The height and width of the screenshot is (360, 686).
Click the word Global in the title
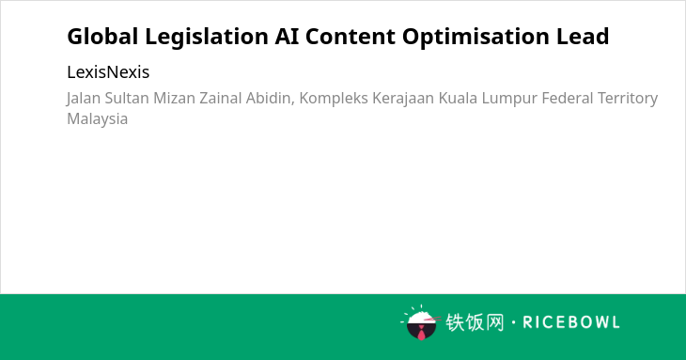(x=102, y=37)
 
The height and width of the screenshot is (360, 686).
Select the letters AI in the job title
(x=287, y=37)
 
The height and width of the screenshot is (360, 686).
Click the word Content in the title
(x=351, y=37)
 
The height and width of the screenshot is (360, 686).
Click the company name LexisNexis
(x=108, y=72)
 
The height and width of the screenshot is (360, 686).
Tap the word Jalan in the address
(x=84, y=99)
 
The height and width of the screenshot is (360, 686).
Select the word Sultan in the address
(x=127, y=98)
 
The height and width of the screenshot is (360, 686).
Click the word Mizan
(x=174, y=98)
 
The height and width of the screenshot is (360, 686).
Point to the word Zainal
(x=221, y=98)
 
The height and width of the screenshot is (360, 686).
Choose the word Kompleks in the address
(x=334, y=99)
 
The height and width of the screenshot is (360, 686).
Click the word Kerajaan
(x=403, y=99)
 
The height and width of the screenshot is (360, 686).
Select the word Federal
(x=568, y=98)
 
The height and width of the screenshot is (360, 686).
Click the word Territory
(x=628, y=99)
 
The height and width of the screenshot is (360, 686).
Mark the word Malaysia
(x=97, y=119)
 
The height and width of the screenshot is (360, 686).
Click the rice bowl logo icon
(x=421, y=322)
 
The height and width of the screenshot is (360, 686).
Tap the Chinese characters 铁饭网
(x=475, y=322)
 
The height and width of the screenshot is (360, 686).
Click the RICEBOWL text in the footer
(x=571, y=322)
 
